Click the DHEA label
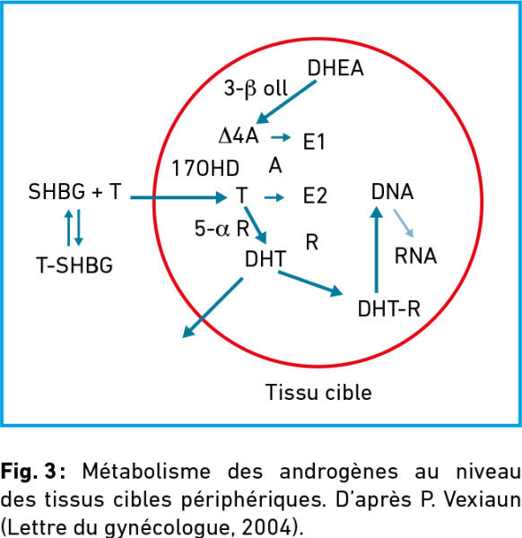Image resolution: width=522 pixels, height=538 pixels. click(335, 68)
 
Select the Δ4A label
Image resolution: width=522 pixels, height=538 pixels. click(239, 136)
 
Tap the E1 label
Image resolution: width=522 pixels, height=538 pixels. click(314, 142)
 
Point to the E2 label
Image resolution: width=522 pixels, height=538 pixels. click(315, 195)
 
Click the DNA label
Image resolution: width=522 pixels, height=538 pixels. click(392, 192)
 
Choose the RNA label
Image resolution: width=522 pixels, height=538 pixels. click(415, 256)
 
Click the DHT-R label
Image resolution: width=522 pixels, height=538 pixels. click(389, 308)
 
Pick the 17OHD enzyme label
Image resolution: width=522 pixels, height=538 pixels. click(205, 169)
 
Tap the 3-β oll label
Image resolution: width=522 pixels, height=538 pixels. click(256, 89)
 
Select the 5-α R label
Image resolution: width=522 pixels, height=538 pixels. click(222, 228)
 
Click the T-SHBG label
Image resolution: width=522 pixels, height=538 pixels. click(74, 265)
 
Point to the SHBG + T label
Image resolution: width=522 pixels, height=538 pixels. click(74, 192)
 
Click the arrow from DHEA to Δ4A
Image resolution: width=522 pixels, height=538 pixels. click(286, 102)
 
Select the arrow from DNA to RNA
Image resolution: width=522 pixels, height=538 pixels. click(404, 223)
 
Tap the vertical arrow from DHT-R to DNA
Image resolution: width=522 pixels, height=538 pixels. click(377, 249)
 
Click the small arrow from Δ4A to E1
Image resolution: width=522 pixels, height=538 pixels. click(281, 137)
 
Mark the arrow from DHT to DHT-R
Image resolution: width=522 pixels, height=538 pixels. click(310, 283)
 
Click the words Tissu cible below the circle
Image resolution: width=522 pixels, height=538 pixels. click(318, 392)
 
